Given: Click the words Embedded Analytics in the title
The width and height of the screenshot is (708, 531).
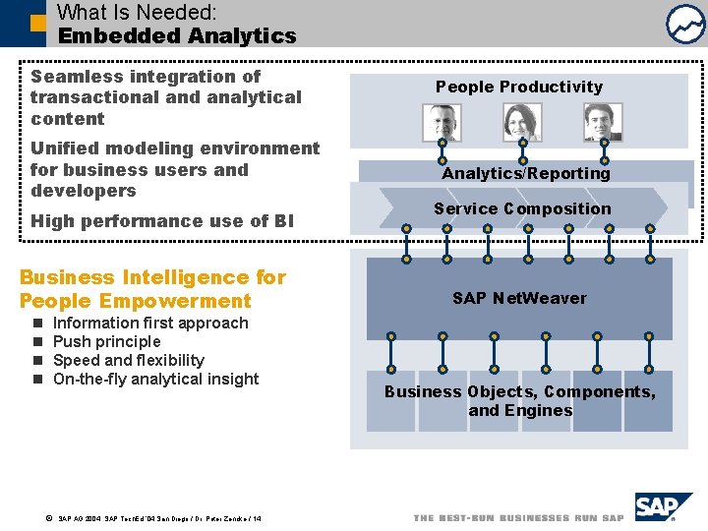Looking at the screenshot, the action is [x=177, y=35].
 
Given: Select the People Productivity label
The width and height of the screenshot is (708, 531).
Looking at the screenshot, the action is [x=519, y=87].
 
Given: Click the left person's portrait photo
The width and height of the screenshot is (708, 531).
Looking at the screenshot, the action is [x=442, y=123].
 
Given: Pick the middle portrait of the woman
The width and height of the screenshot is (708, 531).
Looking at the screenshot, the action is [x=522, y=123].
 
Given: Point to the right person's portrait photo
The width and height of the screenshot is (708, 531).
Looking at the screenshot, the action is [x=602, y=123].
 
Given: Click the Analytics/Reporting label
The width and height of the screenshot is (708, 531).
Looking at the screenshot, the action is [x=526, y=173].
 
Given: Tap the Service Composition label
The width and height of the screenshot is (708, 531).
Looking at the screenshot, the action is [x=522, y=208].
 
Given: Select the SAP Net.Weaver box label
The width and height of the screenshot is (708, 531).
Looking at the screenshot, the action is [x=519, y=298].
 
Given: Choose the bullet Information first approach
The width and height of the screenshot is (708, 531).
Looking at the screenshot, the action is [x=150, y=323].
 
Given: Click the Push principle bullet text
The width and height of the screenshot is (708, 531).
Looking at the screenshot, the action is [x=106, y=341].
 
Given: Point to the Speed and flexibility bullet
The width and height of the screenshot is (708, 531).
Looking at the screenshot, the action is [x=128, y=360].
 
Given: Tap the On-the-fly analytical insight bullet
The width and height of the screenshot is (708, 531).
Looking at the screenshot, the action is [x=155, y=379].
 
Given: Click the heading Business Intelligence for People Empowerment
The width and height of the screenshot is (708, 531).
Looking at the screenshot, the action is [x=152, y=289].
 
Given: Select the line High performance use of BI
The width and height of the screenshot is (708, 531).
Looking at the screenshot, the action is [x=162, y=221].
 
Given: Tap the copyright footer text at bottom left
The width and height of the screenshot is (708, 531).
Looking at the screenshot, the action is [x=157, y=517].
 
